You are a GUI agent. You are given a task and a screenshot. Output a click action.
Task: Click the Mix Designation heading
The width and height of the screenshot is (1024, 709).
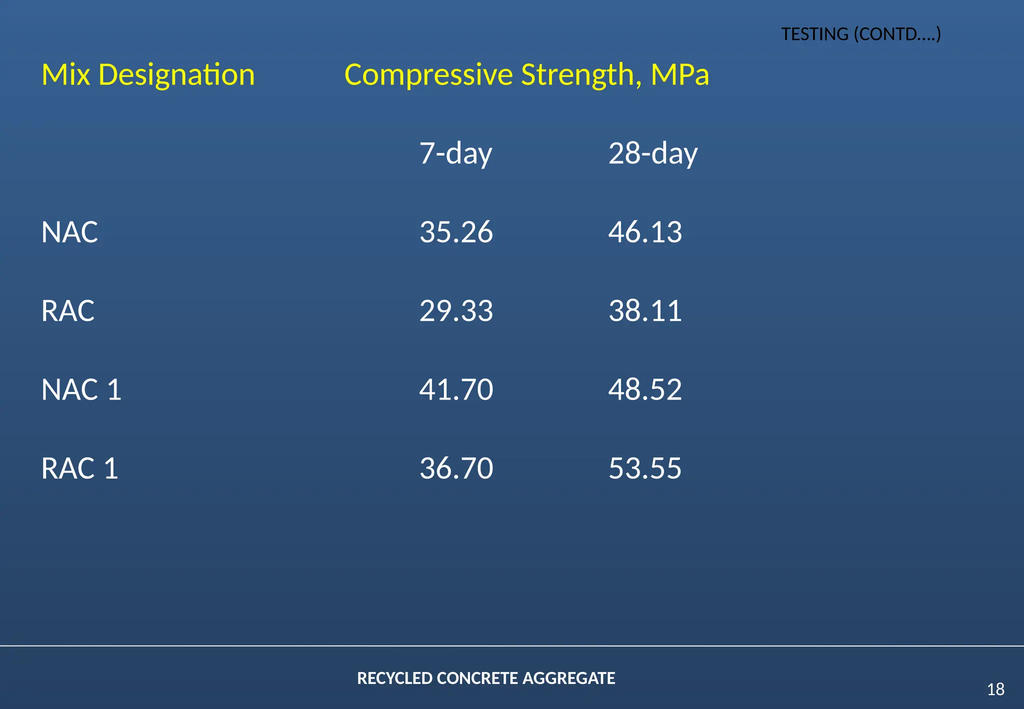click(148, 75)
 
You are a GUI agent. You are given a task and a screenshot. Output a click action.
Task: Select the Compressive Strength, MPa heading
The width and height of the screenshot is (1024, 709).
click(526, 75)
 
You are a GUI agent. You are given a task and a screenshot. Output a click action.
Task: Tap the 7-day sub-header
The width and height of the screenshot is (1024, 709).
click(455, 153)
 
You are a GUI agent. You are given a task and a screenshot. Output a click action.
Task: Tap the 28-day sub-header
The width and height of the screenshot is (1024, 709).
click(652, 153)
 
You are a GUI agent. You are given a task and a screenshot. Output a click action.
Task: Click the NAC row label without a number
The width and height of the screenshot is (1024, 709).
click(69, 232)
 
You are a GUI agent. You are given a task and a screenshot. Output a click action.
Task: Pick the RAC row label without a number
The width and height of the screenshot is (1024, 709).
click(68, 311)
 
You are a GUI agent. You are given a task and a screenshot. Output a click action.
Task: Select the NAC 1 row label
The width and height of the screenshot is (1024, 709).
click(81, 389)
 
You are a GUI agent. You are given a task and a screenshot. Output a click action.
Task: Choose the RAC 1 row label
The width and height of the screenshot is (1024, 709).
click(79, 468)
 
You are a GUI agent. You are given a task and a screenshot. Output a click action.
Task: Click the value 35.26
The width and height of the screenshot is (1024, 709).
click(455, 232)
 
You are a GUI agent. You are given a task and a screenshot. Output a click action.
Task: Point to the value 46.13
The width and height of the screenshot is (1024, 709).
click(644, 232)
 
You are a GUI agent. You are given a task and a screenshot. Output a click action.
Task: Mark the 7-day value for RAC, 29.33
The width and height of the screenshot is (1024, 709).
click(455, 311)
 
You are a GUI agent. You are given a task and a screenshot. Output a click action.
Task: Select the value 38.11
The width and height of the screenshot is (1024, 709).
click(644, 311)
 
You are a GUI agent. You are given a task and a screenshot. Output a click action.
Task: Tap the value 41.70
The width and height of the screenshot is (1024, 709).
click(455, 389)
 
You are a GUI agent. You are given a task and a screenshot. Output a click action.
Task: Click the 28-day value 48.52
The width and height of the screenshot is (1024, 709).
click(644, 389)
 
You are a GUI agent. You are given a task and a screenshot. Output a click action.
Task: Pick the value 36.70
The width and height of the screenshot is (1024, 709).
click(455, 468)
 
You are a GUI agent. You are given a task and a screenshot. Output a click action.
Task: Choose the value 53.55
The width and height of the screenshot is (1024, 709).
click(644, 468)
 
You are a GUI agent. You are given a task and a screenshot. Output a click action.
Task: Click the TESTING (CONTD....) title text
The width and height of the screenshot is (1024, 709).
click(860, 34)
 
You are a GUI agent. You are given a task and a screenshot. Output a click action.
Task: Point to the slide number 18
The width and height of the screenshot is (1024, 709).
click(995, 689)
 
